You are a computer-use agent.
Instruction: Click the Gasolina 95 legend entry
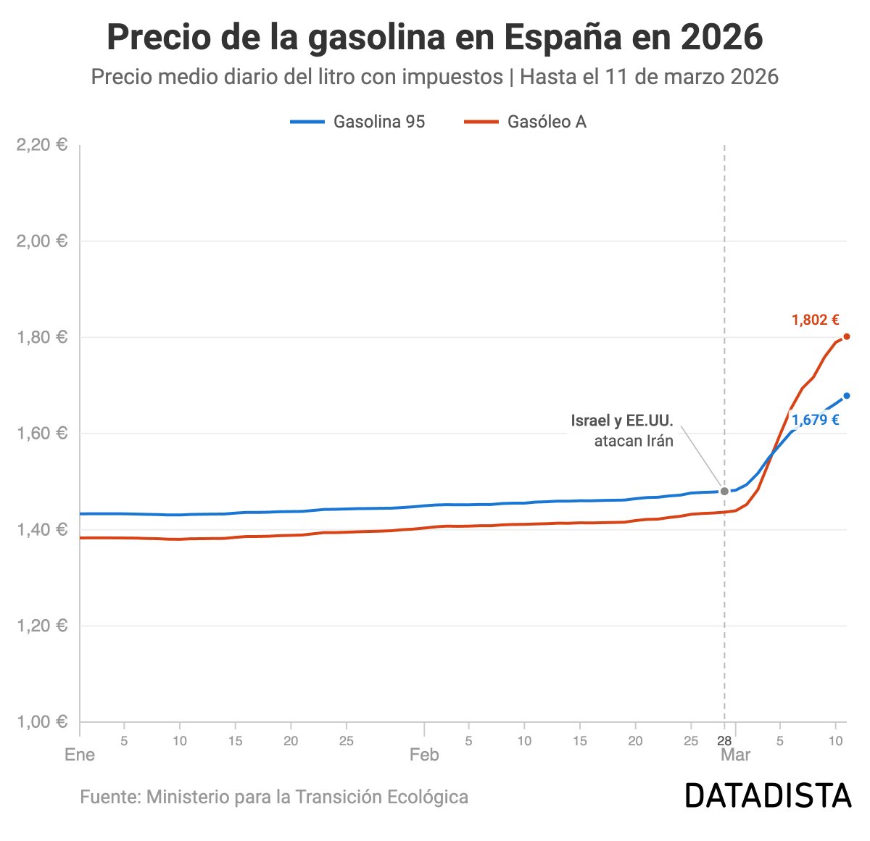[358, 122]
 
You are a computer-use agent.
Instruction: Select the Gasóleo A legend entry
[526, 122]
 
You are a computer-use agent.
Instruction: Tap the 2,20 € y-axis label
[41, 145]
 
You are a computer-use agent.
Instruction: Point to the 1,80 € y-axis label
[41, 337]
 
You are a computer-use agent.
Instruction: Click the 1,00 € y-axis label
[41, 722]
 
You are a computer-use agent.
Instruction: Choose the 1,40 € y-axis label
[41, 530]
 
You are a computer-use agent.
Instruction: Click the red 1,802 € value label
[815, 320]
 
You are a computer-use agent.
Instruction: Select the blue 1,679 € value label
[815, 420]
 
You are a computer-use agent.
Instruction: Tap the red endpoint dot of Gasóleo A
[846, 336]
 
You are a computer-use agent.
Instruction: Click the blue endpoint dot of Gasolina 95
[846, 396]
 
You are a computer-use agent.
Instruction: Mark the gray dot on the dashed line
[724, 492]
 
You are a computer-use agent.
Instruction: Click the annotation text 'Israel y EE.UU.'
[622, 421]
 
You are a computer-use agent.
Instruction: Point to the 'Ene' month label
[80, 755]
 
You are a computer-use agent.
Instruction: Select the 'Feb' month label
[424, 755]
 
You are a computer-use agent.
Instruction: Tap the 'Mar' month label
[735, 755]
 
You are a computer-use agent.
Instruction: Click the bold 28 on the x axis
[724, 741]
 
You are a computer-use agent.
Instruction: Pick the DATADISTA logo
[768, 796]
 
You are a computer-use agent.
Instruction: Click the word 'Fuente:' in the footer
[110, 797]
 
